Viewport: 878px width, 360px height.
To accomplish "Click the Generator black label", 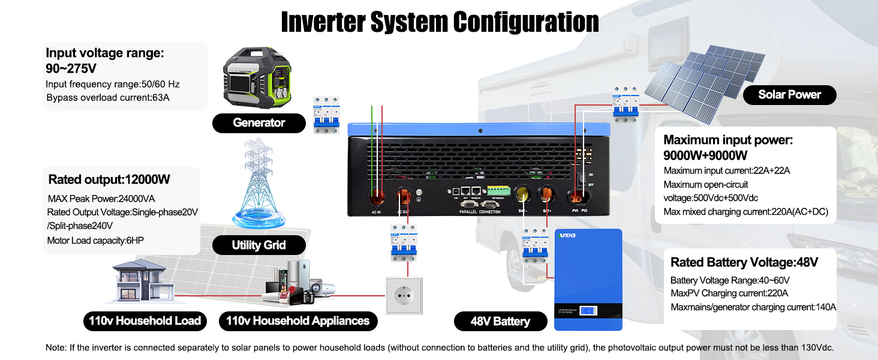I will click(258, 123).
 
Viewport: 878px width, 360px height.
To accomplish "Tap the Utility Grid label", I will click(258, 245).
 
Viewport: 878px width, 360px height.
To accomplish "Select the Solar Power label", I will click(789, 94).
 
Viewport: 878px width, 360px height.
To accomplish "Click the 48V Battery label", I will click(500, 321).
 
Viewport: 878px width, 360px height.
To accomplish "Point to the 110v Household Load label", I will click(145, 320).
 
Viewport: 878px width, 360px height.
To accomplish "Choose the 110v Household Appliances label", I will click(297, 320).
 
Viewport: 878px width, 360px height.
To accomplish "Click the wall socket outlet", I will click(404, 295).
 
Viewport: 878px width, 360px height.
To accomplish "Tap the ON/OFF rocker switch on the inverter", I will click(580, 179).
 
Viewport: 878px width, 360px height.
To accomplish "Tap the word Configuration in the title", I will click(526, 22).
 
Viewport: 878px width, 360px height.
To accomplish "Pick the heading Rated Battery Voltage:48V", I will click(744, 262).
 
